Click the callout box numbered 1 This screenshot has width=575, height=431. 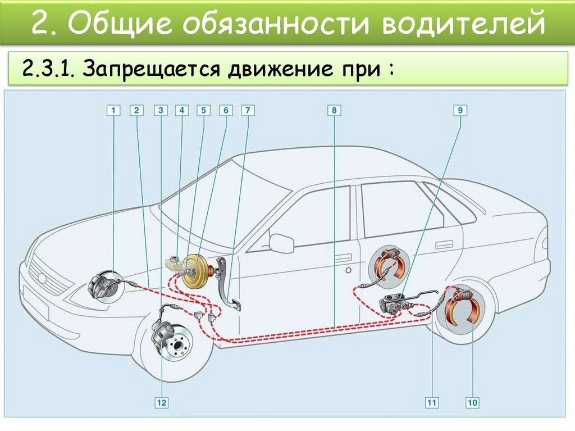coord(113,111)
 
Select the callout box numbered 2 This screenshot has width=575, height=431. coord(136,111)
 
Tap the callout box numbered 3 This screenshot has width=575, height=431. coord(161,111)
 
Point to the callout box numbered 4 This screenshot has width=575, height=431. coord(181,111)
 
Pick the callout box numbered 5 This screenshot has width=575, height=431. coord(203,111)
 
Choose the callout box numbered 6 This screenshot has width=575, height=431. coord(226,111)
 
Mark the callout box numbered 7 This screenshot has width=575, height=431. coord(248,111)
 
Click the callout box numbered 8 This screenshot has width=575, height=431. coord(334,111)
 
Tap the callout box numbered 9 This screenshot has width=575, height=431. coord(460,111)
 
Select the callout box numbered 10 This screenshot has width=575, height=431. coord(472,402)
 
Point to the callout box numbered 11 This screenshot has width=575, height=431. coord(431,402)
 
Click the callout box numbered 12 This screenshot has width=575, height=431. coord(161,402)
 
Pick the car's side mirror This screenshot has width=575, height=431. coord(282,243)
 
